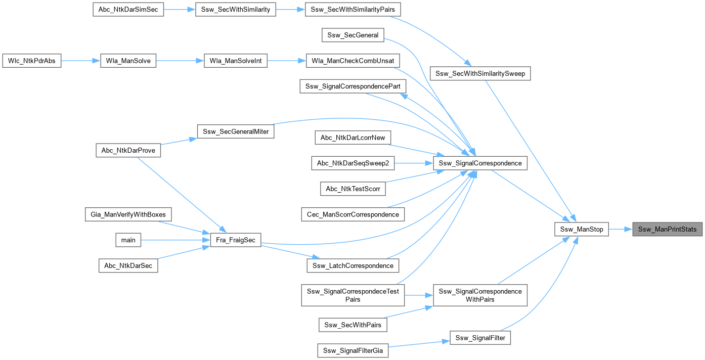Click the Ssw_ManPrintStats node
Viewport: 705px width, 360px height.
668,229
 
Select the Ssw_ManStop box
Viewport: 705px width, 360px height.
582,229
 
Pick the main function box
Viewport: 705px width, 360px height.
128,240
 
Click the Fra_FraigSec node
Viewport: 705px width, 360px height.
235,240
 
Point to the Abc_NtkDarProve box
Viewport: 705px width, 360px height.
128,150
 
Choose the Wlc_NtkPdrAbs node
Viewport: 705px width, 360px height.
32,61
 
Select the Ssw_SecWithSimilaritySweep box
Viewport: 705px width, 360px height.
480,74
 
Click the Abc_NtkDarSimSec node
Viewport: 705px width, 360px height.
128,10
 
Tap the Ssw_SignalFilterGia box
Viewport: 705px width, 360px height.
352,350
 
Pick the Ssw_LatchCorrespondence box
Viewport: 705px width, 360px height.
353,265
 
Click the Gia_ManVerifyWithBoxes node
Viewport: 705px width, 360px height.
128,214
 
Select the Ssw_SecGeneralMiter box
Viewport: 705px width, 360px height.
235,131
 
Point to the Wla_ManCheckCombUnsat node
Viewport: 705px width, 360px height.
353,61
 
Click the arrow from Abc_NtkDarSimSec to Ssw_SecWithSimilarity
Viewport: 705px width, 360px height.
180,10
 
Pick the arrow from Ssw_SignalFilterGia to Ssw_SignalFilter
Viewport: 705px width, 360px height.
419,343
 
